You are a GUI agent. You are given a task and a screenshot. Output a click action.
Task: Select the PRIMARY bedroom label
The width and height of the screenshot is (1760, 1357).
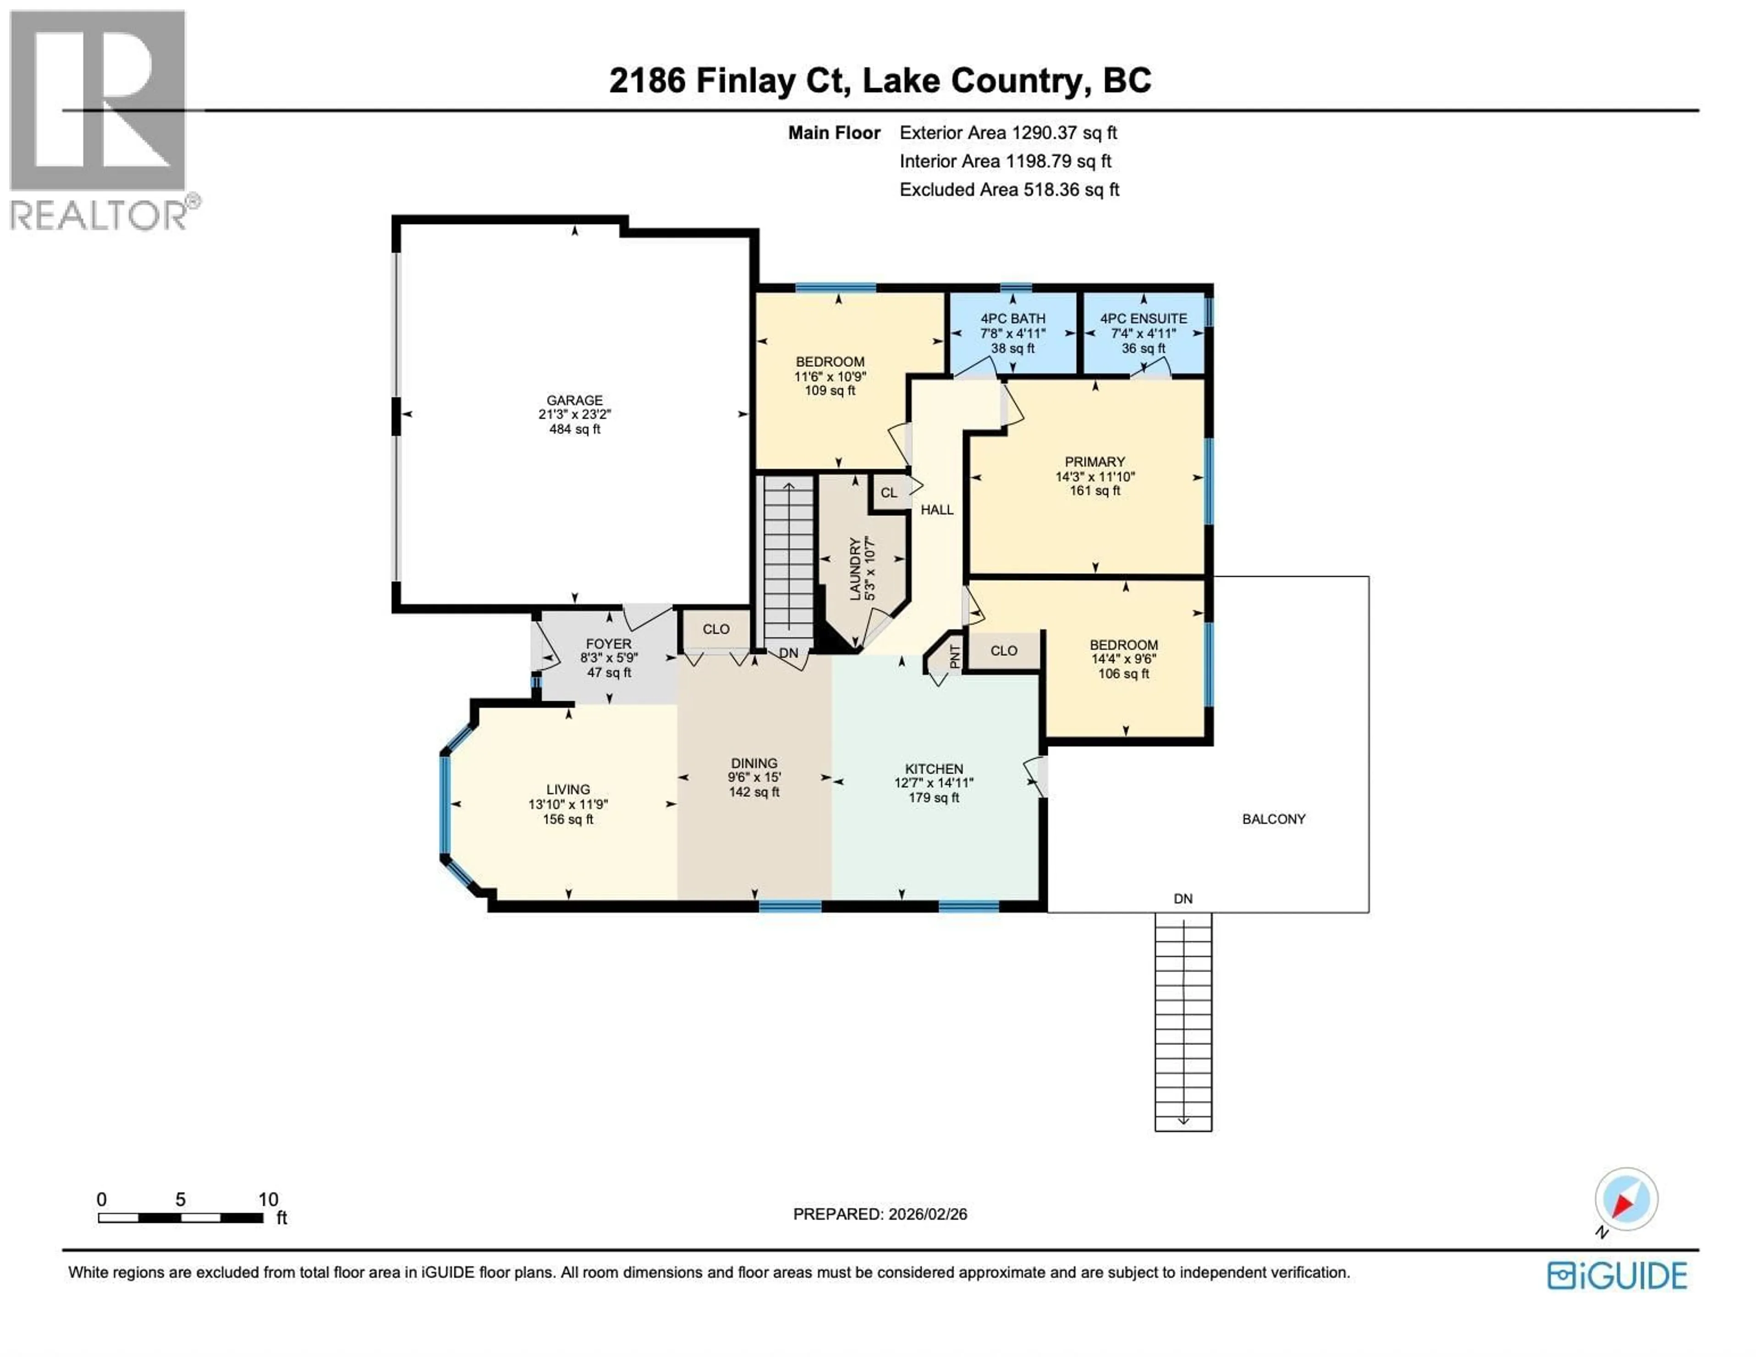pos(1094,462)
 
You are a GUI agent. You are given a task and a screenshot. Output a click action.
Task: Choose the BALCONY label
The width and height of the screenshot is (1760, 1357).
pos(1273,819)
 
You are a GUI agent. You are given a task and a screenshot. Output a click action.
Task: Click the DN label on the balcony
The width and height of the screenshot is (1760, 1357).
pos(1182,899)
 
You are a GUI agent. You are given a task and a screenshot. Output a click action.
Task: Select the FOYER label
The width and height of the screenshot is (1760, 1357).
pos(608,644)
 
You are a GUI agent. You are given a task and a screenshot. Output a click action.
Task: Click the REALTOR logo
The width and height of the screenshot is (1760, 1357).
pos(101,121)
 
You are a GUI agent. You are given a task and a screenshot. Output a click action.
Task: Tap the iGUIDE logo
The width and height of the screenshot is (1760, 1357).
pos(1617,1275)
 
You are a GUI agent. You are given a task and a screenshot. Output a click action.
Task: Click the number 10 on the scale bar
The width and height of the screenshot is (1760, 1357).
pos(268,1199)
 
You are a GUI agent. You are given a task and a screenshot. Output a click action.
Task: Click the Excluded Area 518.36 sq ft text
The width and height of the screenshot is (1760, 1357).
pos(1009,189)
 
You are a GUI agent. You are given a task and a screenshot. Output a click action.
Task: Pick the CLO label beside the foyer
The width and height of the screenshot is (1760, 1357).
pos(715,629)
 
